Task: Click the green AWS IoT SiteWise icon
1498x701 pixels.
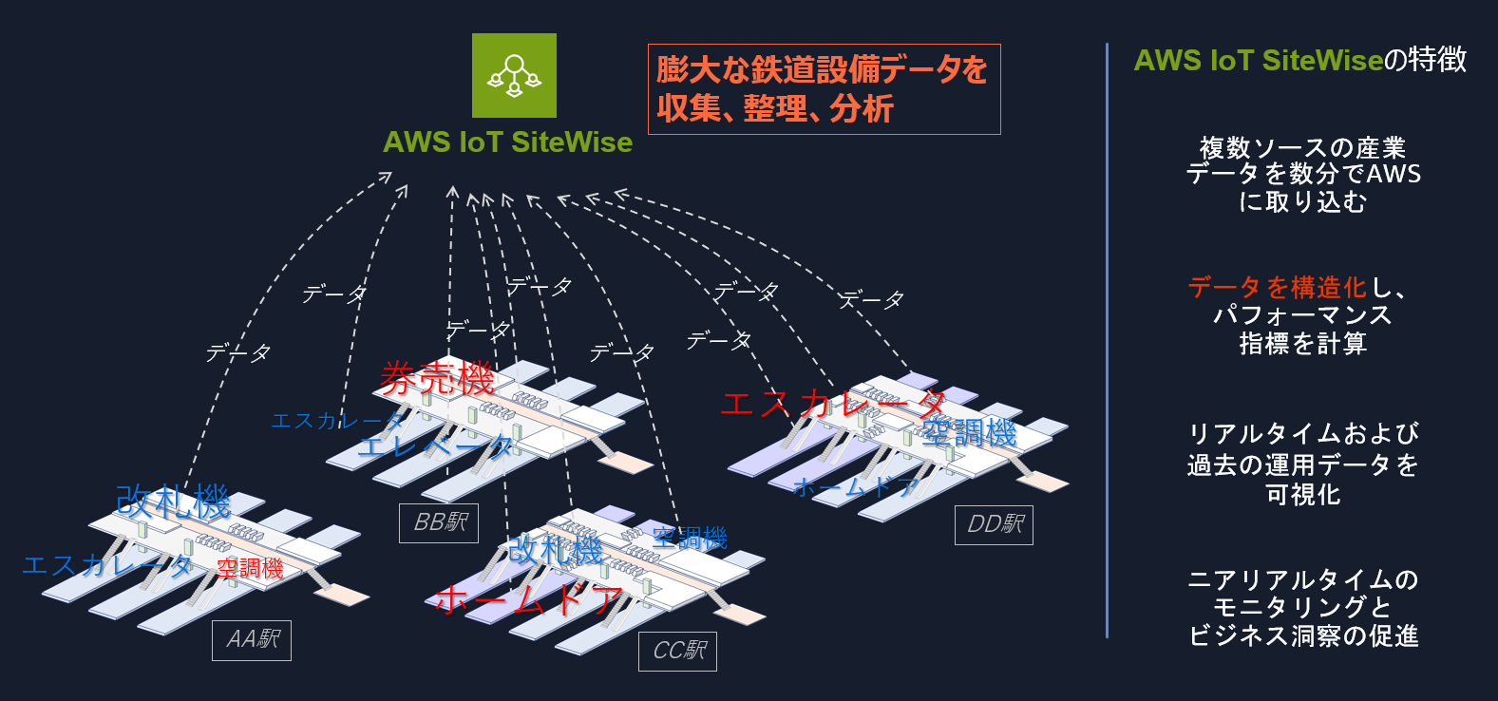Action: pyautogui.click(x=514, y=75)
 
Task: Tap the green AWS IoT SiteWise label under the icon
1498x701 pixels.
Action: pyautogui.click(x=507, y=142)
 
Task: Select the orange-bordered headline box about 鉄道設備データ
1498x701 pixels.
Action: pyautogui.click(x=824, y=89)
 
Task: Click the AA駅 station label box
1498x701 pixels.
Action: pyautogui.click(x=252, y=640)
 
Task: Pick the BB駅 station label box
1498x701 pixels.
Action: pyautogui.click(x=439, y=522)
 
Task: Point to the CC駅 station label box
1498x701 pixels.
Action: pyautogui.click(x=678, y=651)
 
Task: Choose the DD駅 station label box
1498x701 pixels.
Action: pyautogui.click(x=994, y=524)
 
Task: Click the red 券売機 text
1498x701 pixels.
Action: pyautogui.click(x=437, y=379)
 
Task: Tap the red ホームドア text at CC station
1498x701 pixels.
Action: pyautogui.click(x=529, y=600)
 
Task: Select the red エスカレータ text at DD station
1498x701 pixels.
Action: pyautogui.click(x=833, y=404)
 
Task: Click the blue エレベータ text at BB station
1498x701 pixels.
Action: pyautogui.click(x=436, y=445)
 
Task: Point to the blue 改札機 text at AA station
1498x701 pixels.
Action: pyautogui.click(x=173, y=502)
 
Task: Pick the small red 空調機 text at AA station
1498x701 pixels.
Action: pyautogui.click(x=250, y=568)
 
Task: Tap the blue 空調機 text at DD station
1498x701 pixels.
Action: pyautogui.click(x=969, y=433)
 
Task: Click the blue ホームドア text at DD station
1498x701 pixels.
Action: pyautogui.click(x=855, y=487)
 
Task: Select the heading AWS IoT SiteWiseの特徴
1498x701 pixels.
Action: pyautogui.click(x=1299, y=61)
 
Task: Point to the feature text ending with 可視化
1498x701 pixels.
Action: pyautogui.click(x=1302, y=464)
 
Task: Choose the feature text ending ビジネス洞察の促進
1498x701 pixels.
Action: pyautogui.click(x=1303, y=608)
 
